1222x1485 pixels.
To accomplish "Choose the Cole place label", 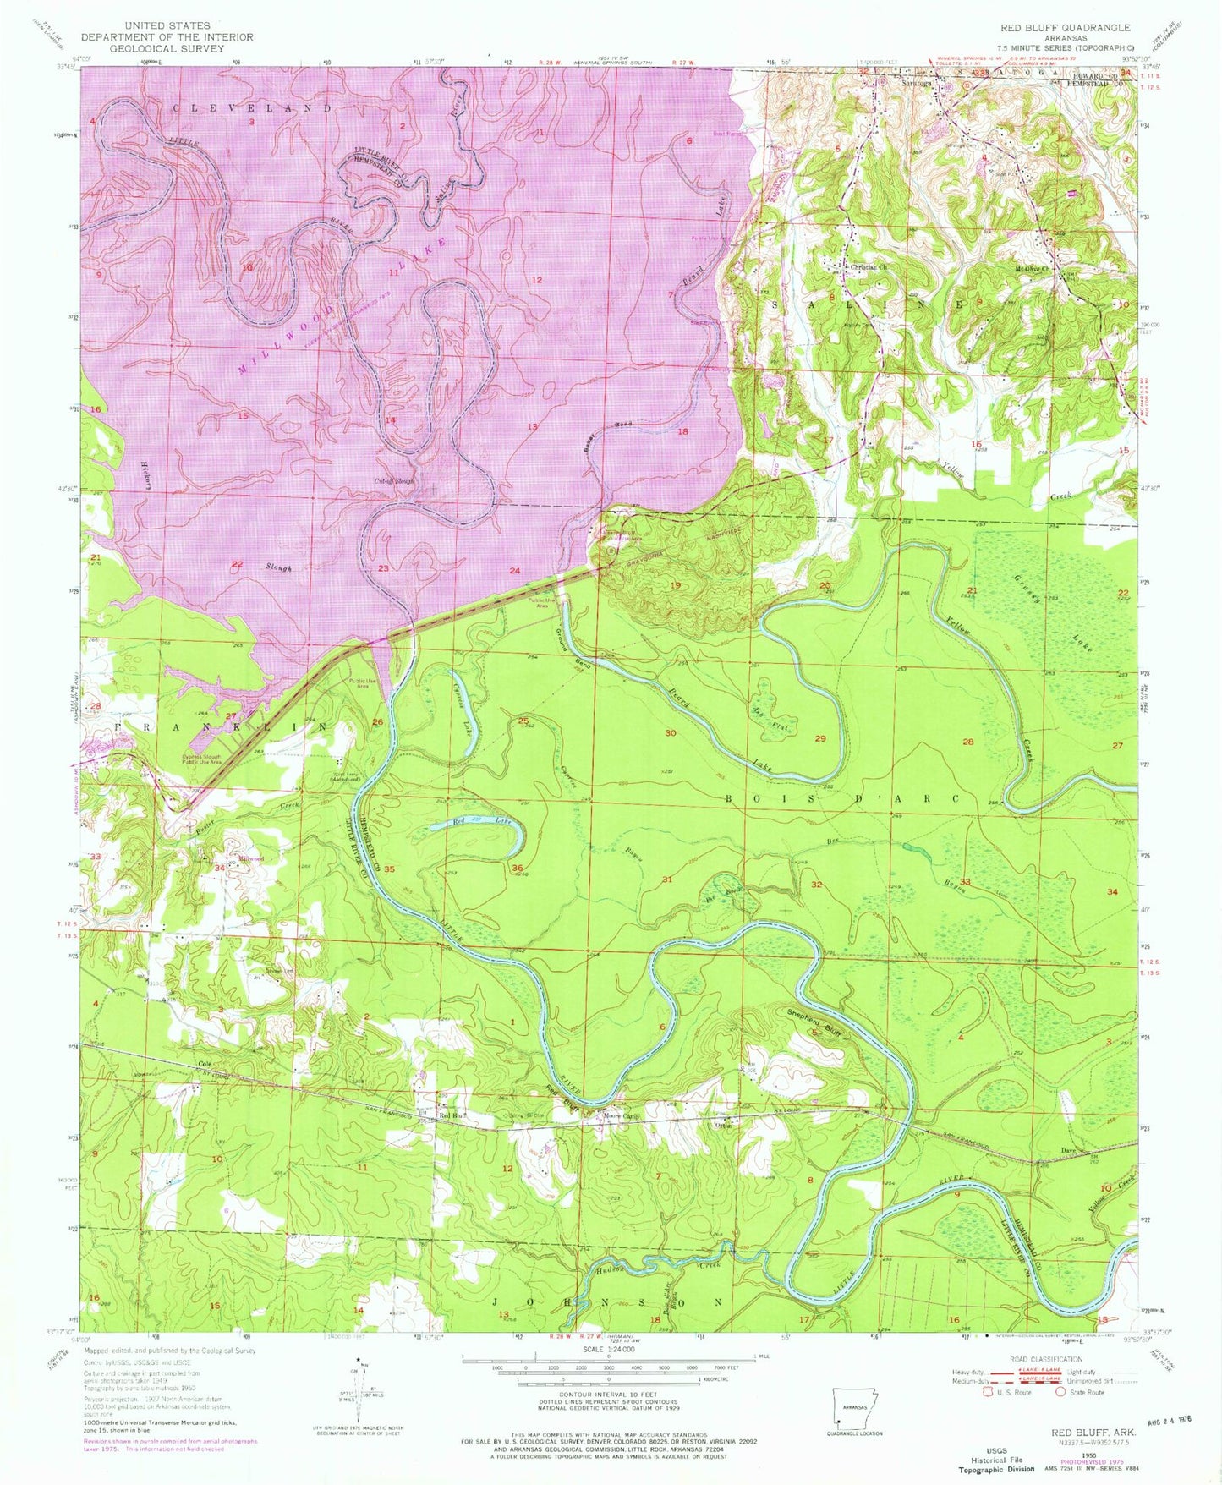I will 204,1064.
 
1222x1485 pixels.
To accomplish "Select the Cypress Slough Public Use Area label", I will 195,759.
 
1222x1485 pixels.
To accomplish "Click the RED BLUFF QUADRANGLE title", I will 1065,28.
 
